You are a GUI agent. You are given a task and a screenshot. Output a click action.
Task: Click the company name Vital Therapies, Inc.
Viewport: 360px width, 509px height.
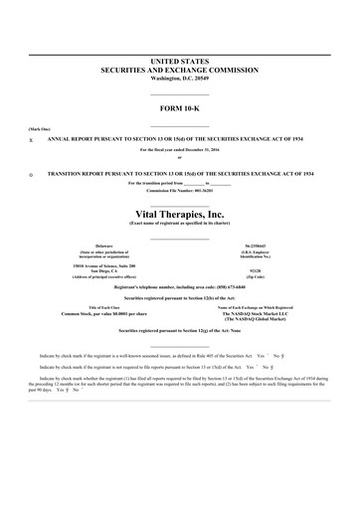[179, 214]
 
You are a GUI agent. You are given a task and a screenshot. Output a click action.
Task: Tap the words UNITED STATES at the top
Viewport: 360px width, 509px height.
[179, 62]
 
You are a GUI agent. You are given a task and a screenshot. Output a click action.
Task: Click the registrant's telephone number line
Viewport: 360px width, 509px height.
[179, 286]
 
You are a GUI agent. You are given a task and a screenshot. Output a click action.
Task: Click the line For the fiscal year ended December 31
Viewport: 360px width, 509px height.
[179, 149]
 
